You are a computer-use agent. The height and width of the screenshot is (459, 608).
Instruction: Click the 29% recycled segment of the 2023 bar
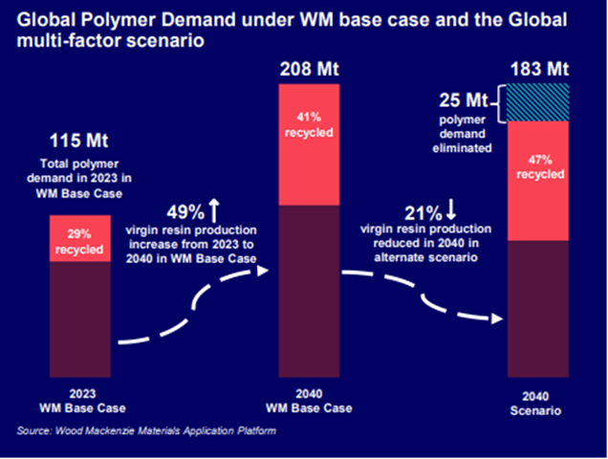point(84,238)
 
